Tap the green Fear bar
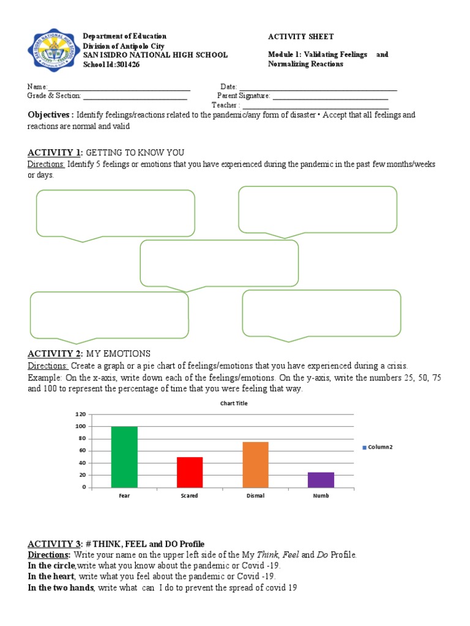[x=124, y=457]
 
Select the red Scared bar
[x=190, y=472]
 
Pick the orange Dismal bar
[x=255, y=464]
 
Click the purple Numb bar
[x=321, y=479]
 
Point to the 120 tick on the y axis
[x=80, y=414]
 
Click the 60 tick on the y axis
[x=82, y=451]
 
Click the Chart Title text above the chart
[x=234, y=403]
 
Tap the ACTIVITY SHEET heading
[x=301, y=37]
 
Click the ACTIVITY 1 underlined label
[x=54, y=152]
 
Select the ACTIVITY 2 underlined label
[x=54, y=354]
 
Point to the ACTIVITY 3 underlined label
[x=54, y=544]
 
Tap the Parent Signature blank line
[x=330, y=96]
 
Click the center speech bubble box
[x=219, y=262]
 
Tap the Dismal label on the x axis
[x=255, y=496]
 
